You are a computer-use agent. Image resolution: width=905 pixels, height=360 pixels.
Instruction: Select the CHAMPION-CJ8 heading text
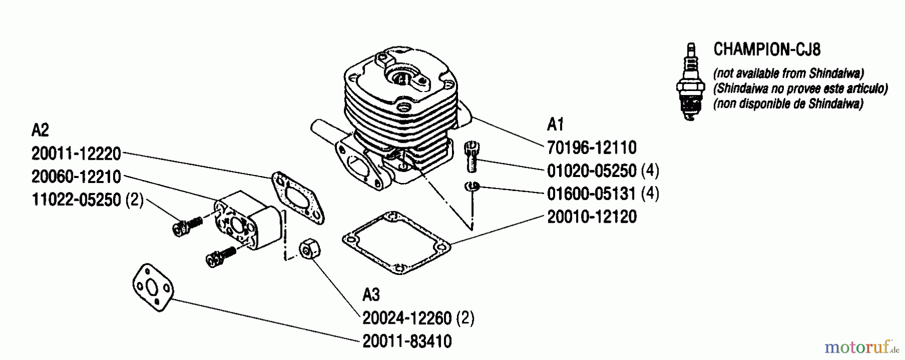click(767, 49)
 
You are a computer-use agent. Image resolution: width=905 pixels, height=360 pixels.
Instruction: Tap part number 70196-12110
click(592, 147)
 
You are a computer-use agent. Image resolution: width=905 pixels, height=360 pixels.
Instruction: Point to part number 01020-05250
click(592, 171)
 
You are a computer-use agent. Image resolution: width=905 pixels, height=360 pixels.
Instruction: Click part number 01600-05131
click(592, 194)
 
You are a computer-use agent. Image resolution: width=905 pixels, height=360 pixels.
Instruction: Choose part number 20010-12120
click(592, 217)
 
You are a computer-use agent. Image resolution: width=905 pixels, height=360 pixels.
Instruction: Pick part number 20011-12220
click(76, 153)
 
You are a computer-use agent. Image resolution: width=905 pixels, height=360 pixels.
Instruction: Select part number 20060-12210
click(76, 176)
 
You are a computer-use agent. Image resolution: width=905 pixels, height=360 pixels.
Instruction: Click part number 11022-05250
click(76, 200)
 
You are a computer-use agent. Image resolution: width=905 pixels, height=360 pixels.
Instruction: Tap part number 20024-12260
click(407, 318)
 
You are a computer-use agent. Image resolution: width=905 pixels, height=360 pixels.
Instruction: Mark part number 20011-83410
click(407, 341)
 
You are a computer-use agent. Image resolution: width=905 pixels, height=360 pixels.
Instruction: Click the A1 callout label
click(556, 124)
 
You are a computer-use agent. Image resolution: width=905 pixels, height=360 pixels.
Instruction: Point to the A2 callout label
click(40, 130)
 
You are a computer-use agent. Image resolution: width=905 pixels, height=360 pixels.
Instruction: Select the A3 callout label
click(371, 295)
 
